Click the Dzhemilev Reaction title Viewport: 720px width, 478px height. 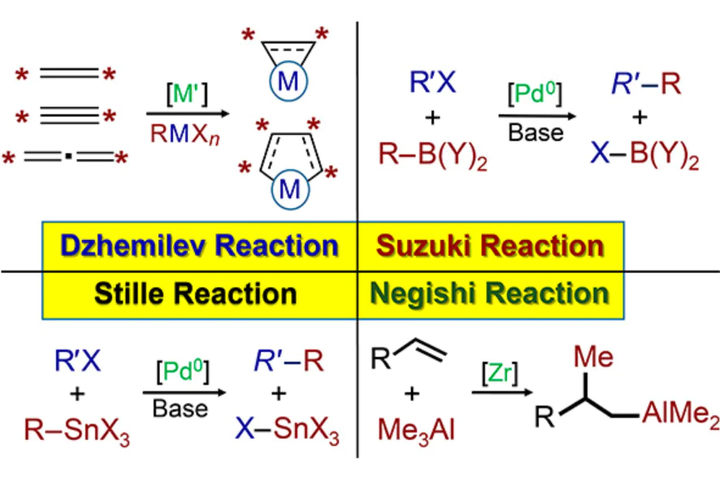(199, 246)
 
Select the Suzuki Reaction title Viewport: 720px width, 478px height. (490, 246)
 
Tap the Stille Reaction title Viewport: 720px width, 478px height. (195, 293)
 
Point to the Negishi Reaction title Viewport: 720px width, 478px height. (489, 293)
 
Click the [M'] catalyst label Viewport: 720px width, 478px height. (187, 94)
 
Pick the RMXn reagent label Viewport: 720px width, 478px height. (184, 134)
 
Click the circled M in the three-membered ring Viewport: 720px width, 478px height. (288, 82)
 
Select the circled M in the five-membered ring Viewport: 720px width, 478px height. (290, 189)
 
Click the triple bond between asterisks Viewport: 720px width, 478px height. (69, 115)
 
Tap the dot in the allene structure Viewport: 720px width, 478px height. (68, 157)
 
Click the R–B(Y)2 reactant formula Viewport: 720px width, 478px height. (432, 154)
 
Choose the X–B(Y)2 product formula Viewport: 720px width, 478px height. (644, 154)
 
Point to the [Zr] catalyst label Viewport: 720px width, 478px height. (500, 372)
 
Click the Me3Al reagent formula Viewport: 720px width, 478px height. (416, 431)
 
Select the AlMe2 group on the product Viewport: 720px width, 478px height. (680, 414)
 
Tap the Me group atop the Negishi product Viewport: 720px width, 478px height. (593, 357)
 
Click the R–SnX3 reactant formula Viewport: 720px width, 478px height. (76, 431)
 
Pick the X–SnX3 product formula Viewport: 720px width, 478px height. (287, 430)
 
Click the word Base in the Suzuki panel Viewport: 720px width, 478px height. (536, 133)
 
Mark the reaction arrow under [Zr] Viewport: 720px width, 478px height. (502, 392)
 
